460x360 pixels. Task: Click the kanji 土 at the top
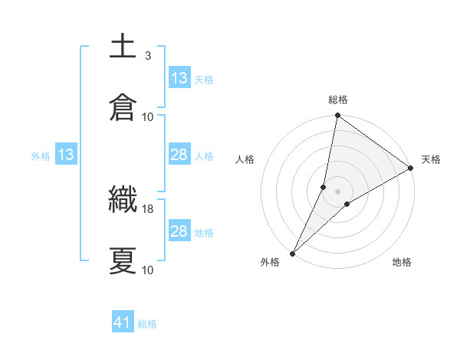(x=123, y=47)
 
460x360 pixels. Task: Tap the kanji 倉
(x=123, y=107)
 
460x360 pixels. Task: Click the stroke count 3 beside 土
(x=147, y=56)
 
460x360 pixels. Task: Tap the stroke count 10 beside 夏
(x=148, y=270)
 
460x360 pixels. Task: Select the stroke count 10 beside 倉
(x=148, y=116)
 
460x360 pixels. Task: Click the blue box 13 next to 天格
(x=179, y=78)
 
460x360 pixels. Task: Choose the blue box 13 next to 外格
(x=66, y=155)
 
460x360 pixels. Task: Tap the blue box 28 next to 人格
(x=179, y=155)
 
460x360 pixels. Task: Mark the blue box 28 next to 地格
(x=179, y=231)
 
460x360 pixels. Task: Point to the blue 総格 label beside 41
(x=148, y=324)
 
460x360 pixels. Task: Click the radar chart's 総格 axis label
(x=338, y=100)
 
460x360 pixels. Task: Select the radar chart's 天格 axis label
(x=431, y=159)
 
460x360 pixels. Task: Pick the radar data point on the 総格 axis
(x=338, y=116)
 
